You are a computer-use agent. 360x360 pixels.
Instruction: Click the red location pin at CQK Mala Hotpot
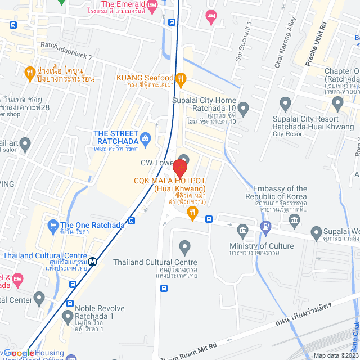[180, 168]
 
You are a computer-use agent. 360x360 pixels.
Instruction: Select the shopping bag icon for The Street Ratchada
[146, 137]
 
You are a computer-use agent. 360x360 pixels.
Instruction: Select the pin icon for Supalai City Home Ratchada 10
[243, 107]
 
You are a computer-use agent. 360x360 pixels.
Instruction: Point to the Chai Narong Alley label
[285, 51]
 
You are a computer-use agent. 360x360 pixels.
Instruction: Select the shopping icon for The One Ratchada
[52, 224]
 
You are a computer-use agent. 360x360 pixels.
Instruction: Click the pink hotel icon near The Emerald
[210, 15]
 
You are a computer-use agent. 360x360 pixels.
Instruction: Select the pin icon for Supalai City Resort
[285, 104]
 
